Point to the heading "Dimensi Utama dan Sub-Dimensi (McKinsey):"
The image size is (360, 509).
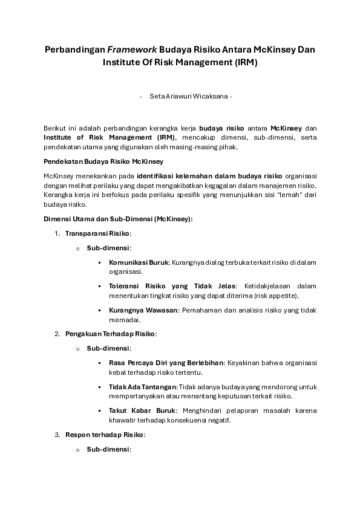pyautogui.click(x=118, y=218)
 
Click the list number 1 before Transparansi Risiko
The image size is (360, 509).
pyautogui.click(x=57, y=233)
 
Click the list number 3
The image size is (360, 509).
pyautogui.click(x=57, y=434)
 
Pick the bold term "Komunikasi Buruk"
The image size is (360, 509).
pyautogui.click(x=139, y=262)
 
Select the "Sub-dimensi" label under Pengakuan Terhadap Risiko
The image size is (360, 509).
pyautogui.click(x=108, y=348)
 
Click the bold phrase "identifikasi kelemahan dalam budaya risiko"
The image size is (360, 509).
pyautogui.click(x=205, y=175)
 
